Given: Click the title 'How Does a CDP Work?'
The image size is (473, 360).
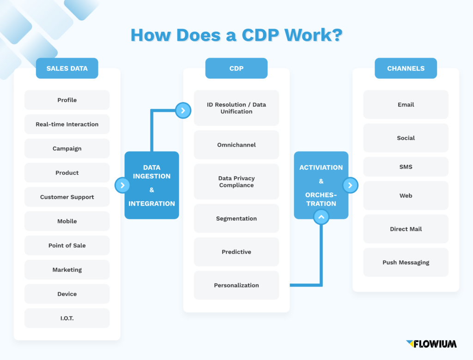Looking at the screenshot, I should (236, 36).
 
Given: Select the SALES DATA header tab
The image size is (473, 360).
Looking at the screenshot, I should (67, 68).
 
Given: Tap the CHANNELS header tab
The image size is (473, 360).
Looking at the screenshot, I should (406, 68).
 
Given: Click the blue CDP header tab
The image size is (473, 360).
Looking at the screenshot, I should (236, 68).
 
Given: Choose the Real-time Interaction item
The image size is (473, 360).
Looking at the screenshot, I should (67, 124).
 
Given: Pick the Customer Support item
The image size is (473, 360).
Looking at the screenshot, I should (67, 197).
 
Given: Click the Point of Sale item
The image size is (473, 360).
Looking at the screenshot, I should (67, 246).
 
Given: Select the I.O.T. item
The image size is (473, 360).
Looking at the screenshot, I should (67, 318).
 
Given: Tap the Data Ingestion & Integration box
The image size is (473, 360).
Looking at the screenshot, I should (152, 185).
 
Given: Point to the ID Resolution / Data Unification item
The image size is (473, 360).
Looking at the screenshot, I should (236, 108).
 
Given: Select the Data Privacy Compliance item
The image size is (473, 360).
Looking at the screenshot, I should (236, 182).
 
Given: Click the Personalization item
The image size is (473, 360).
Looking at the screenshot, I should (236, 285).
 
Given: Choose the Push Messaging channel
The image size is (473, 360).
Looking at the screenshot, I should (406, 262).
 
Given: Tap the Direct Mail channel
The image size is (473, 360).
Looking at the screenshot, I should (406, 229).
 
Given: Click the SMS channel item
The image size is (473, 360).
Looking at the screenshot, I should (406, 167).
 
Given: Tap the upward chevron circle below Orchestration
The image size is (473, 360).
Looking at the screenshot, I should (321, 216).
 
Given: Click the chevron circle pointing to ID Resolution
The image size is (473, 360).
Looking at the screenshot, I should (183, 110).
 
